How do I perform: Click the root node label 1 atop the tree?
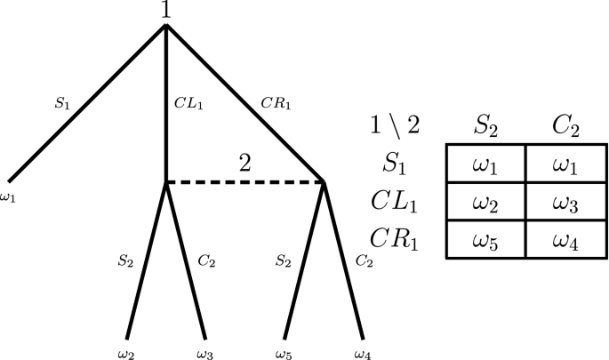click(x=166, y=12)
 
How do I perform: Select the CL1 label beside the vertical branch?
click(x=189, y=103)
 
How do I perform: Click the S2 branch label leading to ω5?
click(x=282, y=261)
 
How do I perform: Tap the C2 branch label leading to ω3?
click(x=207, y=261)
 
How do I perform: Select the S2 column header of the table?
click(x=485, y=125)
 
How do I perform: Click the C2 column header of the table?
click(x=565, y=125)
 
